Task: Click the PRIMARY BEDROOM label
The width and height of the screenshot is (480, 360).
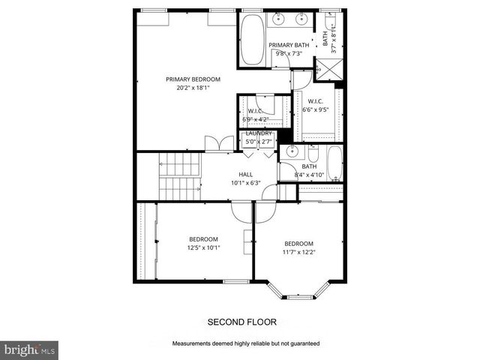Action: pos(193,79)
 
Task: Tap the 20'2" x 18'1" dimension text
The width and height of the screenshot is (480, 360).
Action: pos(193,87)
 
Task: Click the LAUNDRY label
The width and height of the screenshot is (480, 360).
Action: pos(259,133)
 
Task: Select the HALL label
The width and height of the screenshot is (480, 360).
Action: pos(245,174)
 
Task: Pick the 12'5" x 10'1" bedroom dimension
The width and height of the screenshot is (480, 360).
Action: pos(203,248)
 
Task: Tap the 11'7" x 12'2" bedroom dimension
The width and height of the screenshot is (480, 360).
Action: pos(298,253)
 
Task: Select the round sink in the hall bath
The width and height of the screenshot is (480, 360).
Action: pos(293,151)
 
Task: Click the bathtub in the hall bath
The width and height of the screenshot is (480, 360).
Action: pos(334,164)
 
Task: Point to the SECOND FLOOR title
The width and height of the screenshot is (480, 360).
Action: pos(241,322)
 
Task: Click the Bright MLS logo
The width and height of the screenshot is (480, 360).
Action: pos(28,349)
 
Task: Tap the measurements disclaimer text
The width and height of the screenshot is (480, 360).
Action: pos(246,343)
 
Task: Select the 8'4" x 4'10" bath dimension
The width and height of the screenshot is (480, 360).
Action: pos(310,175)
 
